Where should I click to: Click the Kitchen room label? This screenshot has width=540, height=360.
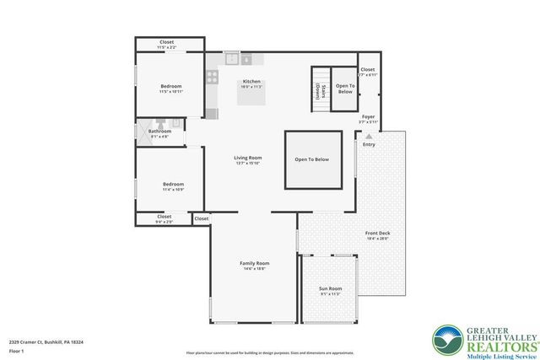pyautogui.click(x=252, y=82)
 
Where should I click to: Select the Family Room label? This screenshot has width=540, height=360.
pyautogui.click(x=254, y=263)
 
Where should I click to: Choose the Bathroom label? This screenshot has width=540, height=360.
pyautogui.click(x=160, y=132)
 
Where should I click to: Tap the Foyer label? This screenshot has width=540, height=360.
pyautogui.click(x=368, y=116)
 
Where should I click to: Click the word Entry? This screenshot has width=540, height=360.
pyautogui.click(x=370, y=144)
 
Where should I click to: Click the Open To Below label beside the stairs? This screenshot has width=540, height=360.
pyautogui.click(x=345, y=88)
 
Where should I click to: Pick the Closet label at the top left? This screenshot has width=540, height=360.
pyautogui.click(x=167, y=42)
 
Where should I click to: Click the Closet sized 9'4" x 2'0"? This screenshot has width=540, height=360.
pyautogui.click(x=165, y=218)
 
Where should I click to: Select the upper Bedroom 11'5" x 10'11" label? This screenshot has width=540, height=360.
pyautogui.click(x=171, y=86)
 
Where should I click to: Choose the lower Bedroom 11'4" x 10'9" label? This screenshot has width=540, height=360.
pyautogui.click(x=173, y=184)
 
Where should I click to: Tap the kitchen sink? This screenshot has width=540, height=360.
pyautogui.click(x=232, y=59)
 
